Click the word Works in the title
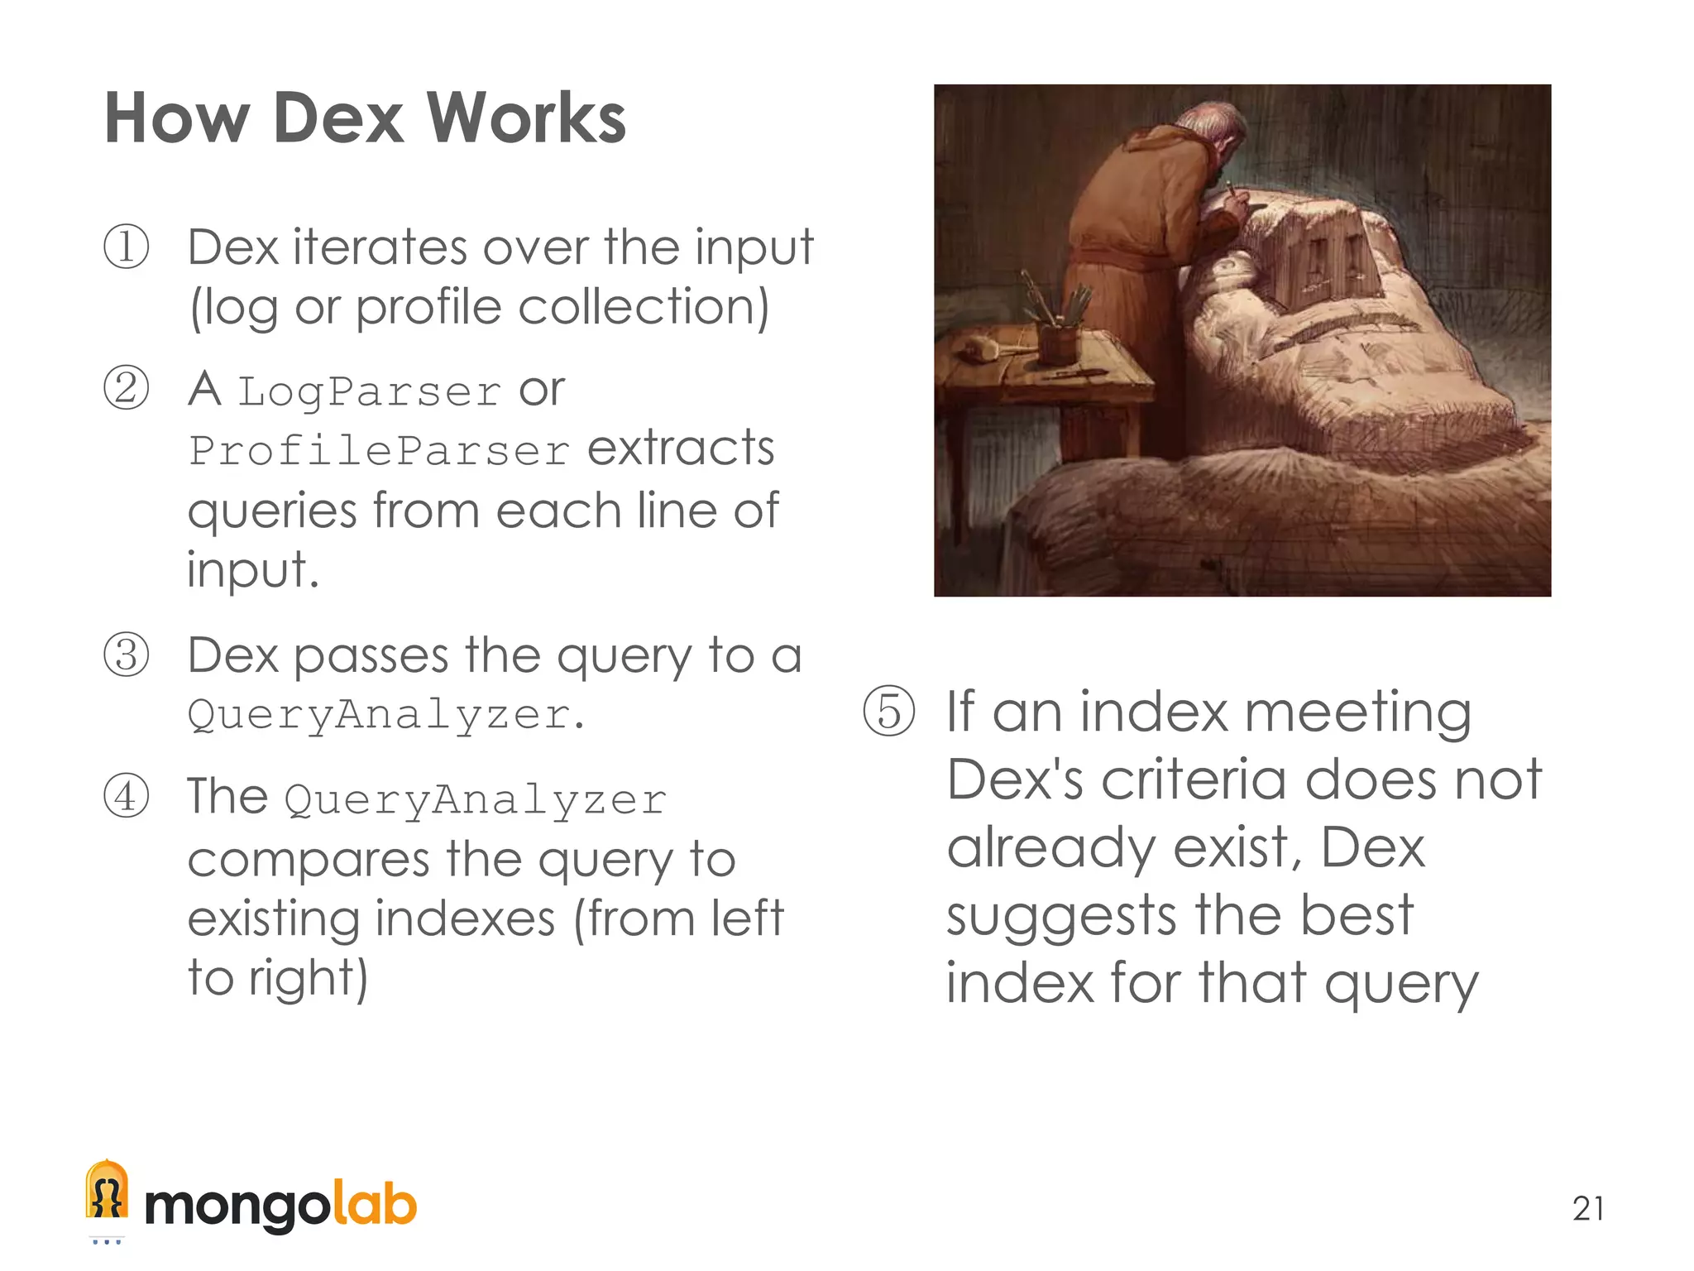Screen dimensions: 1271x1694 click(x=527, y=118)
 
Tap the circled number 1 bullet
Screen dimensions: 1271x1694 click(x=127, y=247)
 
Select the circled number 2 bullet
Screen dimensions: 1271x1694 click(x=127, y=388)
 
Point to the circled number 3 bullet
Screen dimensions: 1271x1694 click(x=127, y=655)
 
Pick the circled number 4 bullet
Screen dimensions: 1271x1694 click(x=127, y=796)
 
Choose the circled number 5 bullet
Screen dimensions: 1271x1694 click(x=889, y=711)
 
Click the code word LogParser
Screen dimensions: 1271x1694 click(x=369, y=392)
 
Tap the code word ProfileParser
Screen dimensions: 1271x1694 click(x=379, y=452)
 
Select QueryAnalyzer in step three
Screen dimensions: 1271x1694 click(x=379, y=715)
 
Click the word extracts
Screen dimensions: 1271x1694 click(x=681, y=448)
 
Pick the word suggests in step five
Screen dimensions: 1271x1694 click(x=1061, y=917)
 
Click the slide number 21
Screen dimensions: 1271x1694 click(x=1588, y=1209)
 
